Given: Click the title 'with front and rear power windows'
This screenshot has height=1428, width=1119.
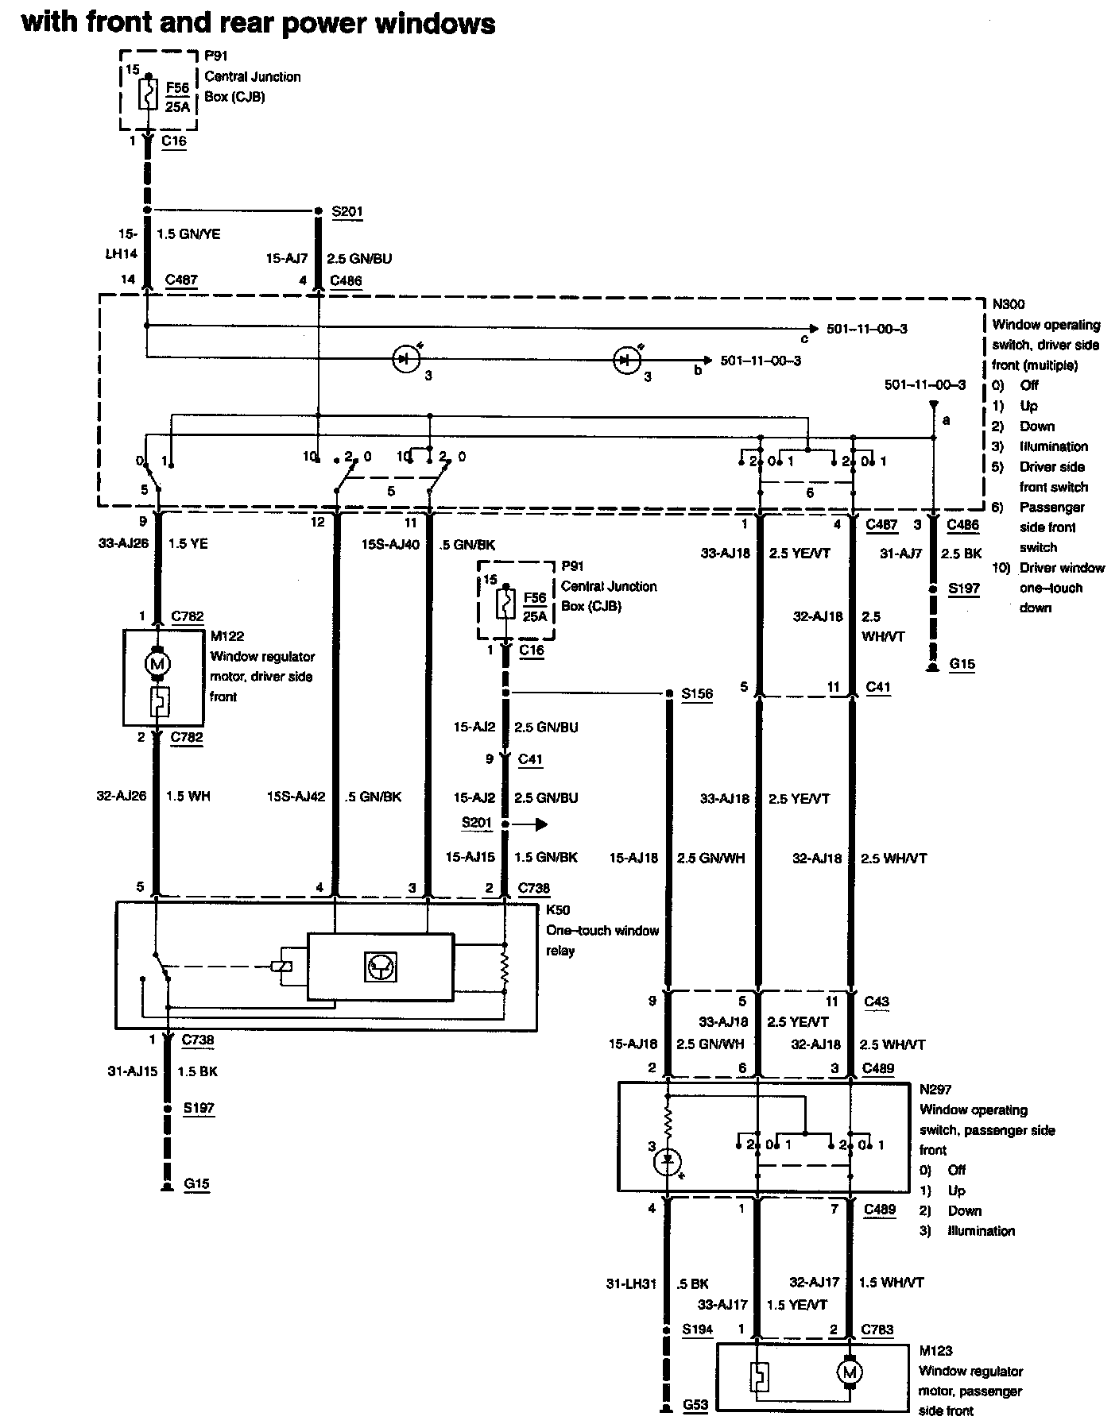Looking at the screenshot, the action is pos(258,23).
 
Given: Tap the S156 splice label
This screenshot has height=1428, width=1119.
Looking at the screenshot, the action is pos(697,693).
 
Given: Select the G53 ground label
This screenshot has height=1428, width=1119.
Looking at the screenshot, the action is pos(697,1406).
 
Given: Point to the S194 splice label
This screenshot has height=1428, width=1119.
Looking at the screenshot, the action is pos(697,1329).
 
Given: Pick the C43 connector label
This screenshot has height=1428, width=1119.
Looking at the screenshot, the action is pos(877,1002).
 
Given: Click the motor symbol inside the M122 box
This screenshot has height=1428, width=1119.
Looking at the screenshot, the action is pos(157,663).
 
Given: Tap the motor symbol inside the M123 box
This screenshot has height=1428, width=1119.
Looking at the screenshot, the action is pos(850,1372).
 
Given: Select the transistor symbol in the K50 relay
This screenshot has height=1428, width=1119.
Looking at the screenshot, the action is pos(381,967).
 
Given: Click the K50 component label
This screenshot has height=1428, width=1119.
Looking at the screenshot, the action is pos(557,910).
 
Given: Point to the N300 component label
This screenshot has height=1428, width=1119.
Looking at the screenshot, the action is pos(1008,304).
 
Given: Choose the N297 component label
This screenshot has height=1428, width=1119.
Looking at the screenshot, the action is pos(935,1090).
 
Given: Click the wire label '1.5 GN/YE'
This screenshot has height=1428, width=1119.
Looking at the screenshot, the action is pos(188,234).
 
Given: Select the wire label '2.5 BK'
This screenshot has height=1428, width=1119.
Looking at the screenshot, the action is pos(962,553).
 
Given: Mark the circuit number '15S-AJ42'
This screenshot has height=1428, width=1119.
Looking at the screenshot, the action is pos(296,797).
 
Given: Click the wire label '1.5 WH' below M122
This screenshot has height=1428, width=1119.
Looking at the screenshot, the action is pos(188,796).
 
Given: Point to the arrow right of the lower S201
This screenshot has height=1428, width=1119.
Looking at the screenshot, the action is pos(530,824).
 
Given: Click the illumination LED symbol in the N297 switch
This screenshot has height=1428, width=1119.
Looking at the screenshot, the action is pos(668,1163).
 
